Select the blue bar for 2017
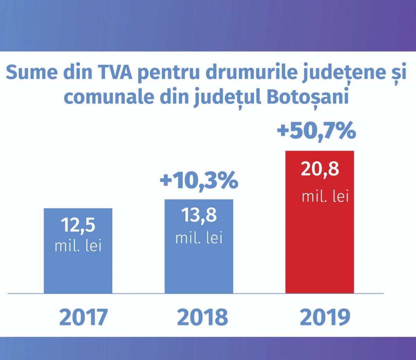tap(78, 271)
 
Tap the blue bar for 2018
tap(199, 267)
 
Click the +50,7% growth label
tap(316, 131)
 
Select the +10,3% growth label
tap(199, 180)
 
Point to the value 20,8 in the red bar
tap(320, 170)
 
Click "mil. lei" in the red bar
tap(325, 197)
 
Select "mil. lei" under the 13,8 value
tap(199, 238)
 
